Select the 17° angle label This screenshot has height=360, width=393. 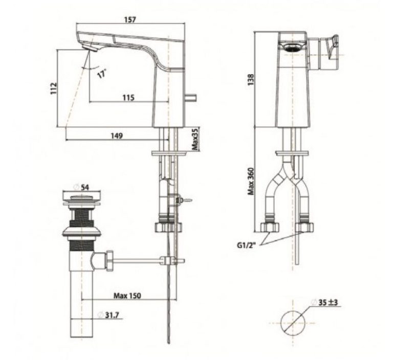point(102,74)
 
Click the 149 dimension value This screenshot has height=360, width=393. point(117,136)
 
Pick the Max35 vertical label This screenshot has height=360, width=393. point(195,138)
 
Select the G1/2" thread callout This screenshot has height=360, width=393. point(247,245)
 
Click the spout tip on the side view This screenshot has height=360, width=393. point(91,49)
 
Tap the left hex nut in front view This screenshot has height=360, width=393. point(269,227)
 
